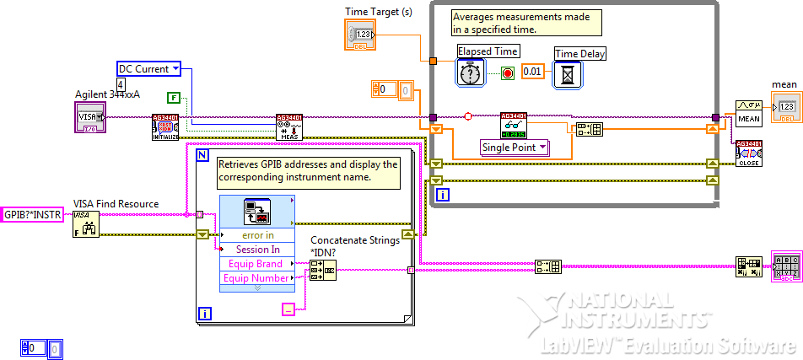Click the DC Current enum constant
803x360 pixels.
[x=148, y=69]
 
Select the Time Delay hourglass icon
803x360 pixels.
[x=568, y=75]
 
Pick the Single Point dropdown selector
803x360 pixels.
[x=515, y=148]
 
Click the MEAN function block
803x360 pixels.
[x=749, y=111]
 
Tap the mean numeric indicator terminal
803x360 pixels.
[x=784, y=108]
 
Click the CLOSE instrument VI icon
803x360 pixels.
[x=749, y=153]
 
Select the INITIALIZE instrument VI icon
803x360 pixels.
[x=165, y=127]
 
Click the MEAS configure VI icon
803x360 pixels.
[x=290, y=127]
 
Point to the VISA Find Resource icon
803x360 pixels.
[x=86, y=223]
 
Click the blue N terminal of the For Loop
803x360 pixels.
[x=202, y=156]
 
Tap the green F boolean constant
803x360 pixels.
[x=173, y=98]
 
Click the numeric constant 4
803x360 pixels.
[x=121, y=85]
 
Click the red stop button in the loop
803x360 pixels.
[x=508, y=73]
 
